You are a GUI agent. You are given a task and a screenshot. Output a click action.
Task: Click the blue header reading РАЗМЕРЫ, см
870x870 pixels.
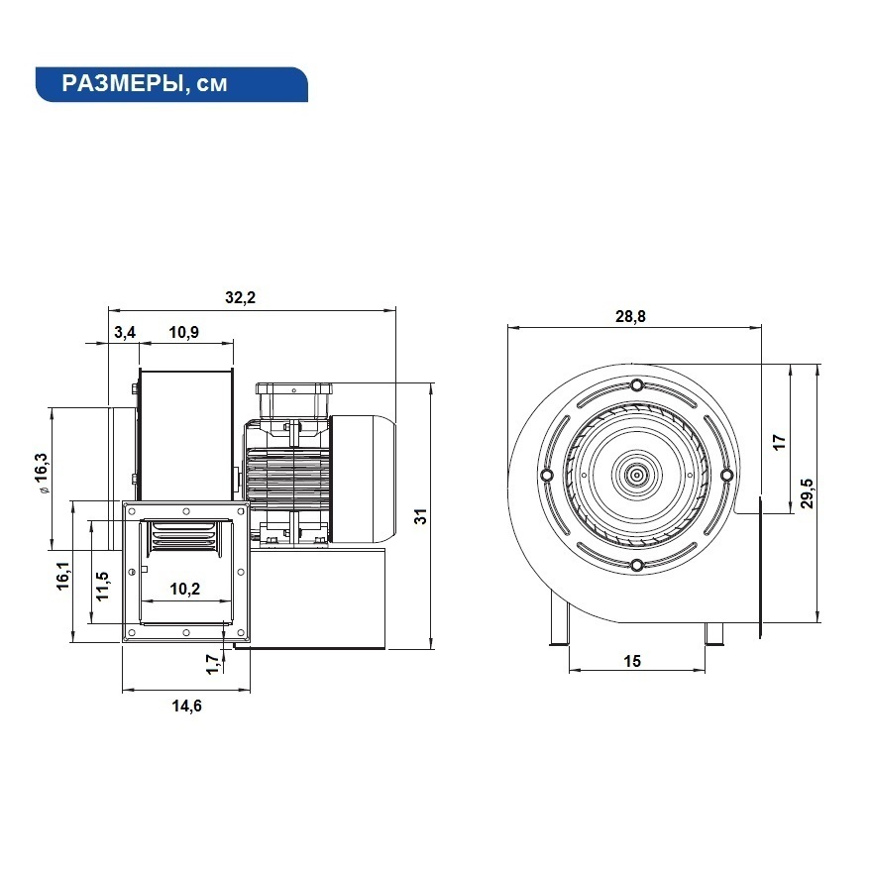(x=171, y=84)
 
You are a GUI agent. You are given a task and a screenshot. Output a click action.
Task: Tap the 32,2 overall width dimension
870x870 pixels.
(x=240, y=297)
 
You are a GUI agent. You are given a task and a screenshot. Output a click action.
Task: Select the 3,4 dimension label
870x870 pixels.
(x=125, y=332)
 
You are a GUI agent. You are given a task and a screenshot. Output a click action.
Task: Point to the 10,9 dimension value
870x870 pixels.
(x=183, y=332)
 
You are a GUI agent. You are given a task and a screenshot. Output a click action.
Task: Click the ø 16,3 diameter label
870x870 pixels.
(x=41, y=474)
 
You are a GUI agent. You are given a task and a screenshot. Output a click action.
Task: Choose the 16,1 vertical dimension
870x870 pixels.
(x=62, y=576)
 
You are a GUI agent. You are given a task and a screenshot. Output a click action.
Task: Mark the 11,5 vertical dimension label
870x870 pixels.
(x=103, y=586)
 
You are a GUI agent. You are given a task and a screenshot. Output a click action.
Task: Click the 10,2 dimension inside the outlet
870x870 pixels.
(x=184, y=589)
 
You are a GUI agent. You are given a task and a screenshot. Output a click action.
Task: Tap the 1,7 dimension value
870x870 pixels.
(x=212, y=664)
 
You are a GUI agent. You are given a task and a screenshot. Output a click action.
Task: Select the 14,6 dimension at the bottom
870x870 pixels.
(x=186, y=706)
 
